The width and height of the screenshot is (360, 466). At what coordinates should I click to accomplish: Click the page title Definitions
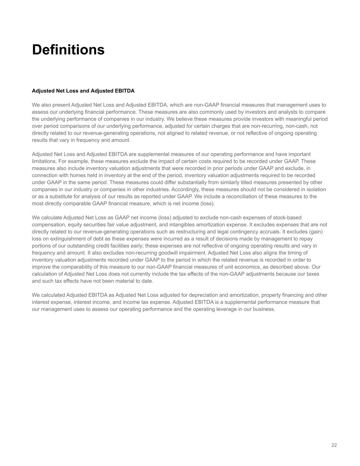(x=68, y=50)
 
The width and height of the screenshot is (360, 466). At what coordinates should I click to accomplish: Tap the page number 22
(x=334, y=445)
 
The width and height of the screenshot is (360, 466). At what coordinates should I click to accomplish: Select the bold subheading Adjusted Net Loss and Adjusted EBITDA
(x=83, y=91)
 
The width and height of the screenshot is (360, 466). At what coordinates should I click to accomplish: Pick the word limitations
(x=44, y=161)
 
